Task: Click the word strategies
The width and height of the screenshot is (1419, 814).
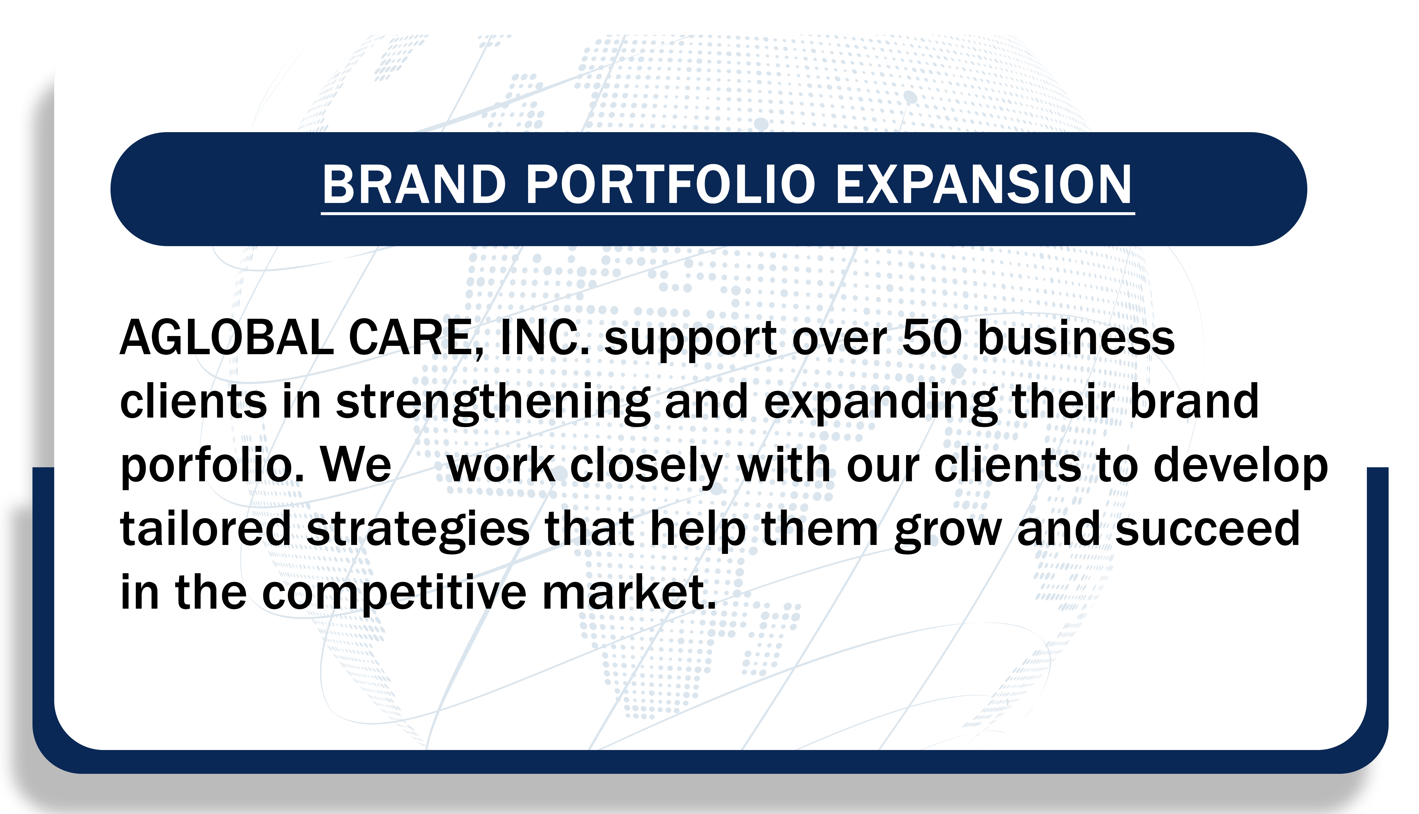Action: [x=418, y=531]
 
